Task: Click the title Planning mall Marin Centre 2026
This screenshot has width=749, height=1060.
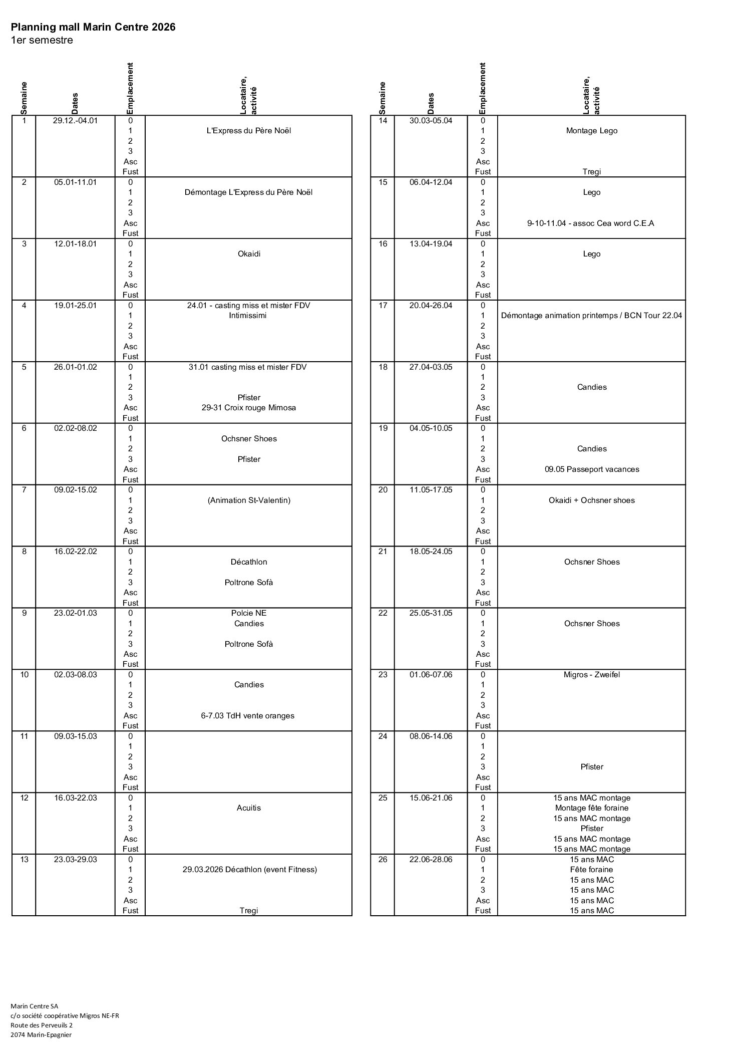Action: click(93, 27)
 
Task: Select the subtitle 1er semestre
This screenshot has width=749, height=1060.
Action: click(42, 40)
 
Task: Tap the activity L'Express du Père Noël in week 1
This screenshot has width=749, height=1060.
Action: click(248, 131)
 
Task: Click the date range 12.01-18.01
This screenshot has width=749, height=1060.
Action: click(75, 243)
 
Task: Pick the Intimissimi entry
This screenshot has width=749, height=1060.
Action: click(248, 316)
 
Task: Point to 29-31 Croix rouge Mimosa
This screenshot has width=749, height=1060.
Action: click(248, 408)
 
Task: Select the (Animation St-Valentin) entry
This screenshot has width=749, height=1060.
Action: click(248, 500)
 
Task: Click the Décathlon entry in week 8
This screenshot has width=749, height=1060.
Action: click(248, 562)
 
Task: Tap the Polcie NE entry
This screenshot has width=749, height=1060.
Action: click(248, 613)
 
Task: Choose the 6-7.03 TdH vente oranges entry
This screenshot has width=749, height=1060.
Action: click(248, 715)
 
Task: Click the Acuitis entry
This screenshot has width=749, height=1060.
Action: click(248, 808)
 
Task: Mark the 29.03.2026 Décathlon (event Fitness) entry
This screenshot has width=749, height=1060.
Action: click(249, 869)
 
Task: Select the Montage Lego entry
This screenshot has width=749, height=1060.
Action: click(591, 131)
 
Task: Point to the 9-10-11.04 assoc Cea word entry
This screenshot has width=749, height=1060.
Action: click(590, 223)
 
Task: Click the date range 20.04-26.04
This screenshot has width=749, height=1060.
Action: click(431, 305)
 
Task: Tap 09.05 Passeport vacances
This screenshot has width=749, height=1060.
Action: click(591, 469)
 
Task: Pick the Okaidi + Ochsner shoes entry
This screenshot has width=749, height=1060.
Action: click(591, 500)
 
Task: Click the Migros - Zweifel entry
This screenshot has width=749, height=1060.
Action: click(591, 674)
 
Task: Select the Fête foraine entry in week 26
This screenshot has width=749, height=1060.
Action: click(591, 869)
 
